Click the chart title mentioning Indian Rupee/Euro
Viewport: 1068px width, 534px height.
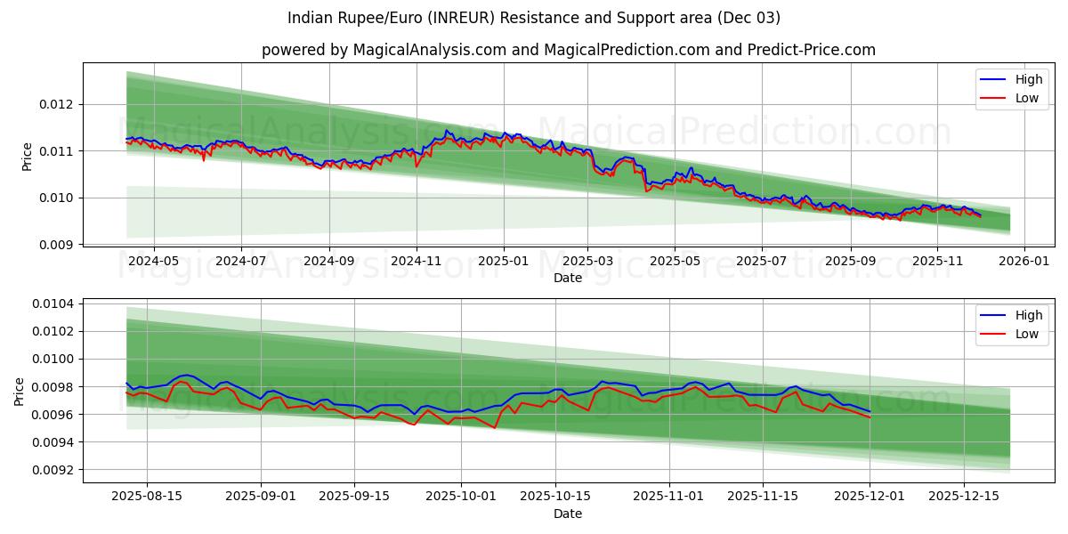(x=534, y=18)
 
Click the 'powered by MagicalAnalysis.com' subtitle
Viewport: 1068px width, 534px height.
(x=568, y=50)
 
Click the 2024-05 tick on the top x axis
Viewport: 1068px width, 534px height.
(x=154, y=261)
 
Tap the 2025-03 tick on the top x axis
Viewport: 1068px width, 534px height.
(x=587, y=261)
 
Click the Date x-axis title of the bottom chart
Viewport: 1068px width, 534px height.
(x=568, y=514)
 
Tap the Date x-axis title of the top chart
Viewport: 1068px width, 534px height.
(x=568, y=278)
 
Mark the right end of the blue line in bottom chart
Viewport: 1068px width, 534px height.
(x=870, y=411)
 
